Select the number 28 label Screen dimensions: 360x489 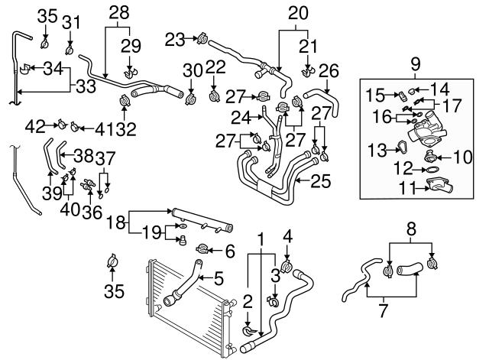click(x=118, y=13)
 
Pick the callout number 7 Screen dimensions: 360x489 click(x=382, y=312)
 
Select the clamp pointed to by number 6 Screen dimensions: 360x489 click(x=203, y=249)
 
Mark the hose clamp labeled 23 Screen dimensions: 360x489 click(x=202, y=37)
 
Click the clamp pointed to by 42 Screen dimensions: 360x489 click(x=60, y=125)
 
